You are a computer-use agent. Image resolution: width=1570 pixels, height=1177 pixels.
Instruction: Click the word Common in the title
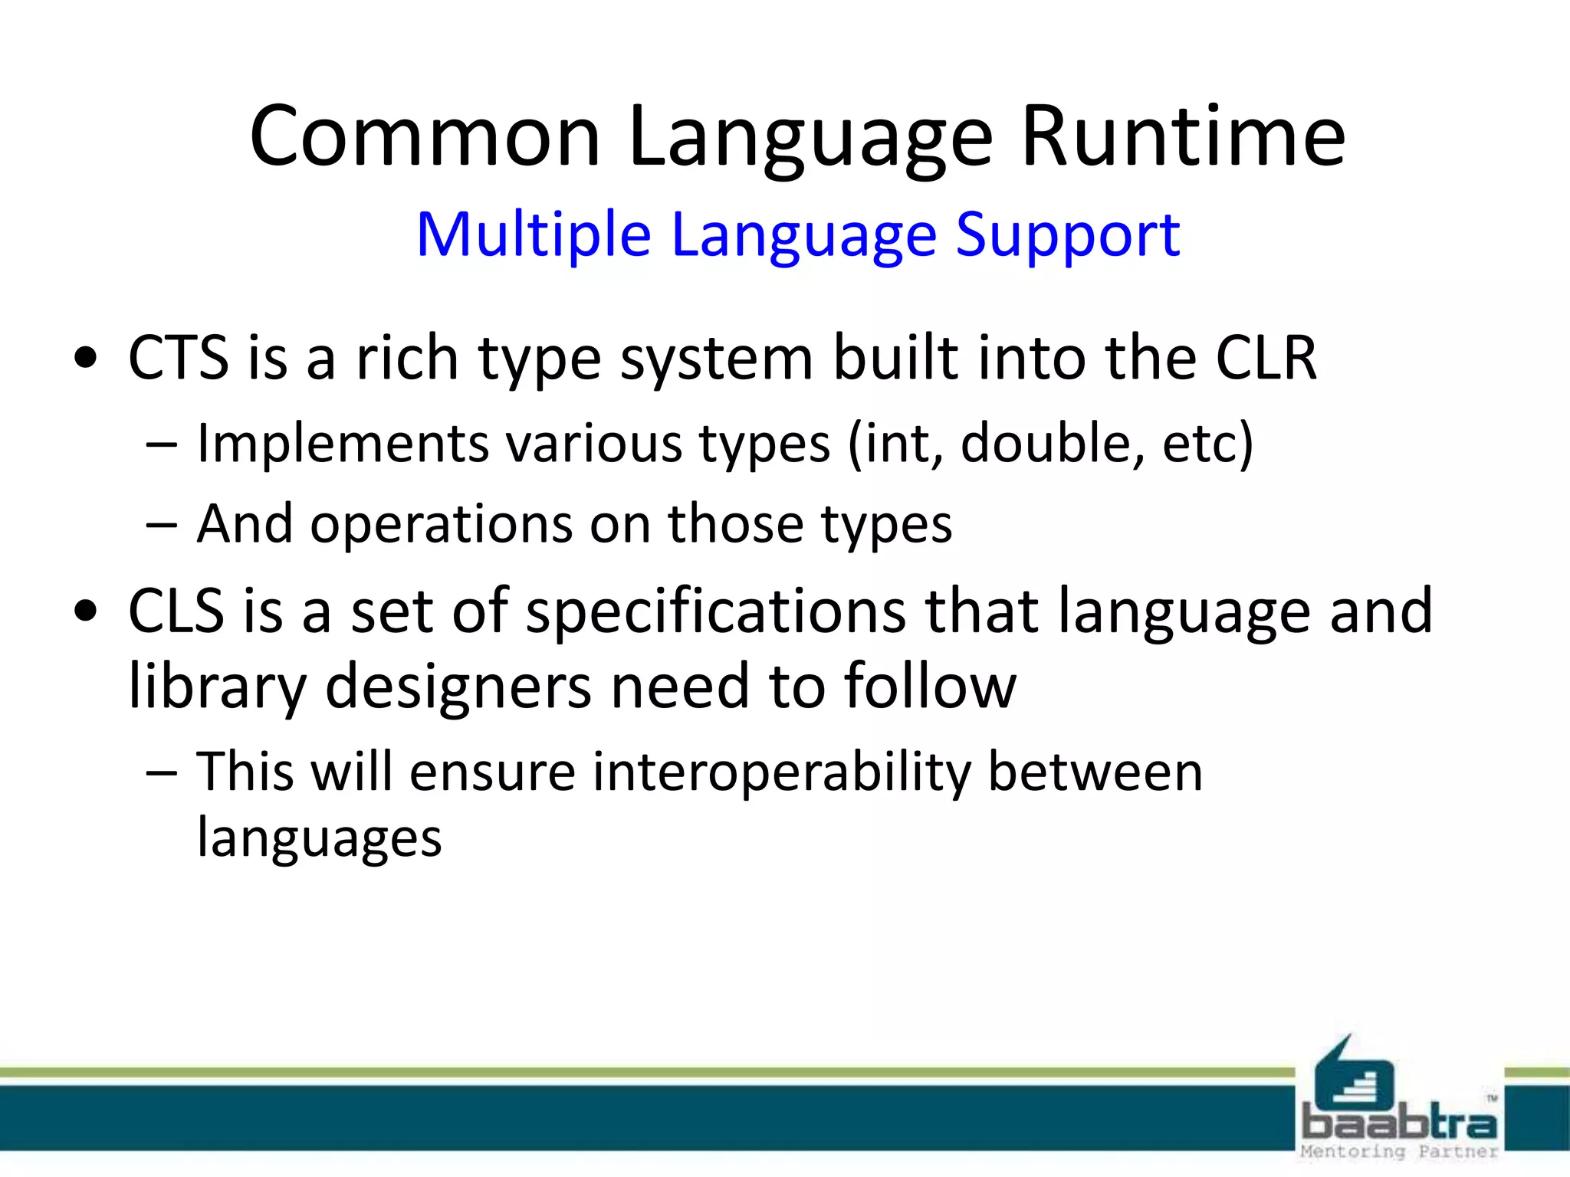click(425, 138)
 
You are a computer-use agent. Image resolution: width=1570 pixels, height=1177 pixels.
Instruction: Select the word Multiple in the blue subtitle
click(534, 234)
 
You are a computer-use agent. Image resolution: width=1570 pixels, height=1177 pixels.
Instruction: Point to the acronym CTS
click(178, 358)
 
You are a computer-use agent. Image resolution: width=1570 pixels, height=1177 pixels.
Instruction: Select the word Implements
click(343, 444)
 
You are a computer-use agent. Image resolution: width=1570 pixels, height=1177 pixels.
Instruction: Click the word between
click(1095, 772)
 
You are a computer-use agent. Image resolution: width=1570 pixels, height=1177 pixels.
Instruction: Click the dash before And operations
click(161, 526)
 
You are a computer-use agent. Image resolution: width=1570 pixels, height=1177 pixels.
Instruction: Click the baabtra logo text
click(1398, 1123)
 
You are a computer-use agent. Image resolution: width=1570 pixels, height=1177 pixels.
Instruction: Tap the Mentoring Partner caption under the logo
click(1398, 1152)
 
